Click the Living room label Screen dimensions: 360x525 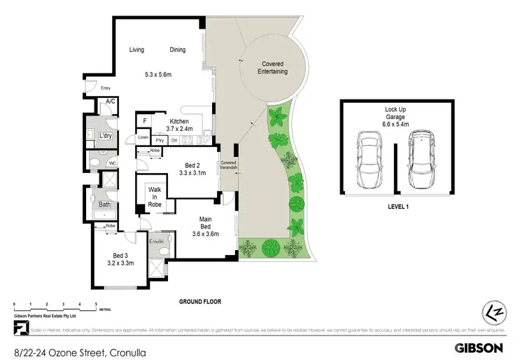click(136, 50)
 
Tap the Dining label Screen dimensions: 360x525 click(177, 50)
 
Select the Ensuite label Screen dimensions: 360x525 click(157, 241)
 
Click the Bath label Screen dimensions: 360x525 click(104, 205)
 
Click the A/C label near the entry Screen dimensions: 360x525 click(109, 102)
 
